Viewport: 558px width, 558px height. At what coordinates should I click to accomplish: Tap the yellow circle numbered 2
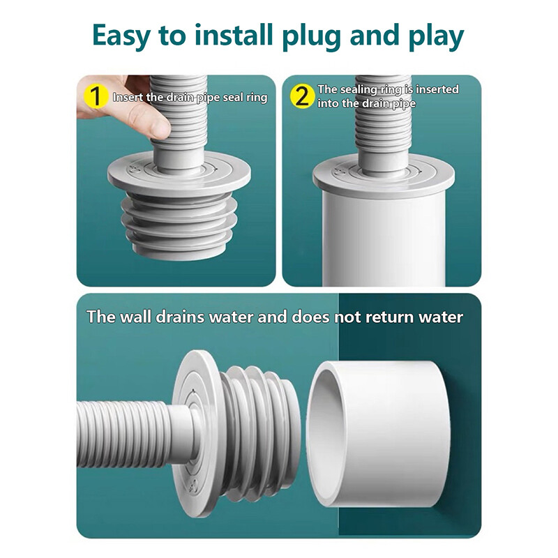[x=301, y=96]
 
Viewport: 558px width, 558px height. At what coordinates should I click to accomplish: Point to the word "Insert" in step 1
[x=128, y=98]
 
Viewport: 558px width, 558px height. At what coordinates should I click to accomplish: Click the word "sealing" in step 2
[x=361, y=89]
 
